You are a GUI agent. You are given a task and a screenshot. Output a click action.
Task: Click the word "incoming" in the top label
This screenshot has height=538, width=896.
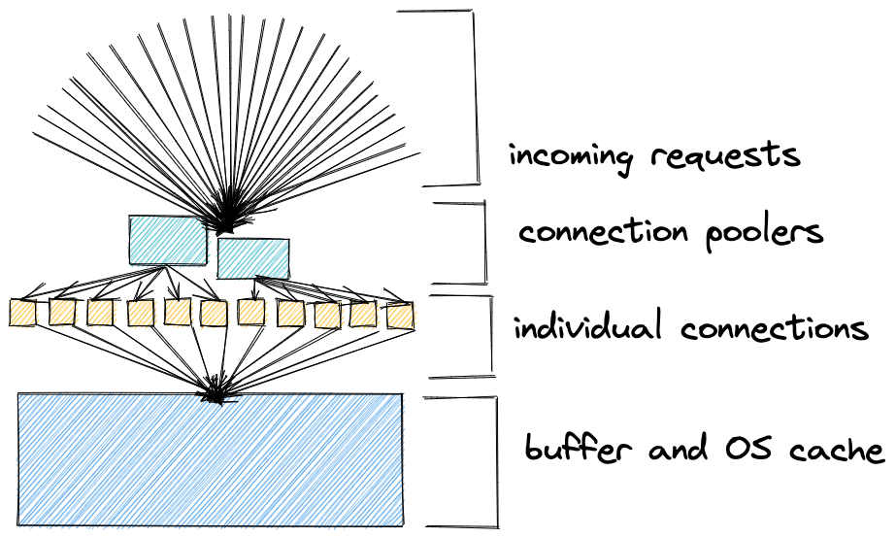571,156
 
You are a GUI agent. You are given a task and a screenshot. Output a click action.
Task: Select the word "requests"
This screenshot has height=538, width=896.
725,155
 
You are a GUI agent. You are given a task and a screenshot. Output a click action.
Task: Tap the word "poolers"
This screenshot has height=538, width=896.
764,234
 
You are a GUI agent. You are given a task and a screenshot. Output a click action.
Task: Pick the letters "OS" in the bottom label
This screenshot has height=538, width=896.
748,448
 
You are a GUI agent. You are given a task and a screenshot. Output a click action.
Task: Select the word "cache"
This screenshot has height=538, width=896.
837,450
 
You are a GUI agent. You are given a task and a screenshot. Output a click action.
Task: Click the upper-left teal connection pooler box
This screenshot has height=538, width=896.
167,240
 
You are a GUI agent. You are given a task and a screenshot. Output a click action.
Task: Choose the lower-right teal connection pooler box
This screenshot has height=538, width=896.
253,258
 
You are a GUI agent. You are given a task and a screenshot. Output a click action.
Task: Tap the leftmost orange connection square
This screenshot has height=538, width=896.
23,314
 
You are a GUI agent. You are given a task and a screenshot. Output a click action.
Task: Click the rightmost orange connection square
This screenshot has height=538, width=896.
400,316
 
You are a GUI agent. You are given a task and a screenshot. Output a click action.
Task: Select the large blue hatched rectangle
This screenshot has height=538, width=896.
211,459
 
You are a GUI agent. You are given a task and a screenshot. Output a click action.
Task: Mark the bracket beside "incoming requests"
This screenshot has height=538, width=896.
476,97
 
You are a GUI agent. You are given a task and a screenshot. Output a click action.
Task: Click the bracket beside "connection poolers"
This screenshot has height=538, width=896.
484,243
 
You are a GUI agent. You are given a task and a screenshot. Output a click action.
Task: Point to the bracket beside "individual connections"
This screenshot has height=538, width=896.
491,336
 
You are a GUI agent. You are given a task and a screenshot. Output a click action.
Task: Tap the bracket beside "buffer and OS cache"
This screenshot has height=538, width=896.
496,462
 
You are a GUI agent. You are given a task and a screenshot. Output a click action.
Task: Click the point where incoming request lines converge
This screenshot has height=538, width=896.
227,220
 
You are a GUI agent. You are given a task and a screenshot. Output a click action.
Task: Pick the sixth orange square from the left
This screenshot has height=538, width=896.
214,314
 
